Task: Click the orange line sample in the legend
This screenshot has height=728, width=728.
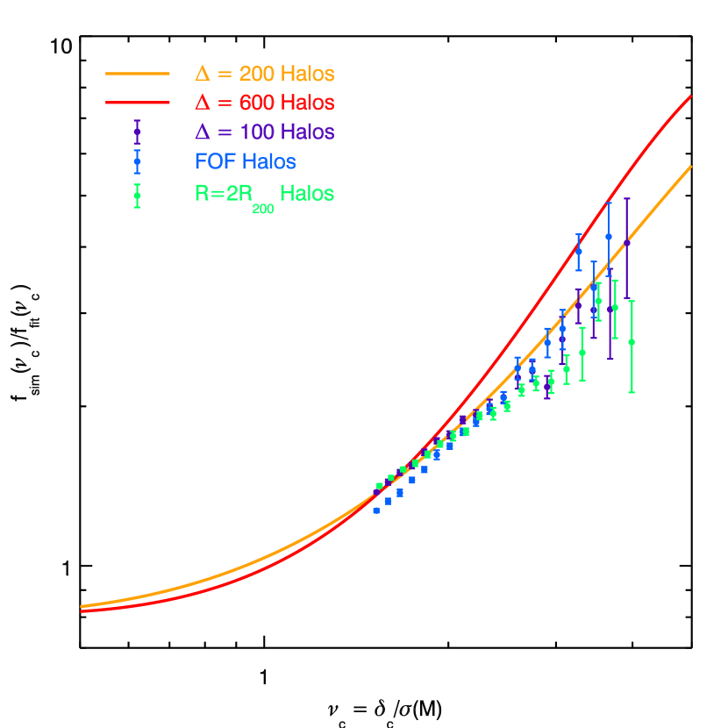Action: click(137, 74)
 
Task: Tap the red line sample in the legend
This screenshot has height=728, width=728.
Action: click(137, 103)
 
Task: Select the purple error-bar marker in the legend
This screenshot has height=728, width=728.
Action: click(137, 132)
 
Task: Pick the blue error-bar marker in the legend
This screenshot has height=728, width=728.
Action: click(137, 161)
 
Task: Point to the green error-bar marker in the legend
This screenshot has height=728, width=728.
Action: click(137, 195)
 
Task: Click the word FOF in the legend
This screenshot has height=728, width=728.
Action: click(215, 162)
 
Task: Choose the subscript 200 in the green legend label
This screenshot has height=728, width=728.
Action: click(262, 208)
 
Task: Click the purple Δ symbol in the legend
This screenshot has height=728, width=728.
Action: click(203, 132)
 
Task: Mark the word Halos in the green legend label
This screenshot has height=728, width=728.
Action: click(307, 194)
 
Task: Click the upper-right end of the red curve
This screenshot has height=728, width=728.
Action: click(691, 96)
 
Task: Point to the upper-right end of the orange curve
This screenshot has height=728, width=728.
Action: click(691, 167)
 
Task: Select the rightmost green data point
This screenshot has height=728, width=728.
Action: click(632, 342)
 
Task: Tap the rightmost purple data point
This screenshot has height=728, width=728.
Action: click(626, 243)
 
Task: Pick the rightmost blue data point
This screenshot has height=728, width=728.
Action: click(609, 236)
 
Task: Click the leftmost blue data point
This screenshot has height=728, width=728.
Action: click(376, 510)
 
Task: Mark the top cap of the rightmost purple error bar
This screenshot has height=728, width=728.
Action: click(626, 198)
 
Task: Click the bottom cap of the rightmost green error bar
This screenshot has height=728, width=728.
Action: click(632, 392)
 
